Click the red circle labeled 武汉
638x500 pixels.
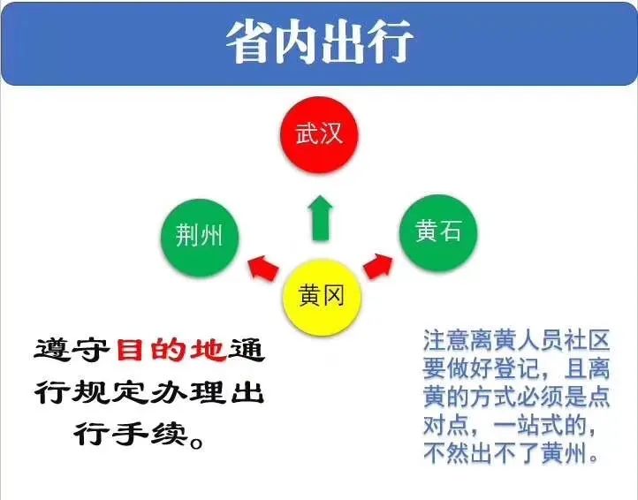click(319, 134)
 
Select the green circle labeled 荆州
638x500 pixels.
click(200, 238)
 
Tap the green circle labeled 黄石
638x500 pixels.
click(437, 232)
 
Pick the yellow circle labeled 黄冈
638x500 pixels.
click(322, 297)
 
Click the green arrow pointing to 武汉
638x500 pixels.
click(320, 218)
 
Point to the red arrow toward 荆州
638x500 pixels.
click(263, 268)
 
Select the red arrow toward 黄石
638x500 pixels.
click(378, 266)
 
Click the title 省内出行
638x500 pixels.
click(320, 42)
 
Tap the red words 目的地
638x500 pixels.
click(171, 350)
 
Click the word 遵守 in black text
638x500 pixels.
click(72, 350)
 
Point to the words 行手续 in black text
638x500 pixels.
click(131, 435)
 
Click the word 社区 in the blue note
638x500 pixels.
click(587, 340)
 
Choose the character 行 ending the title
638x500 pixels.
click(391, 42)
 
